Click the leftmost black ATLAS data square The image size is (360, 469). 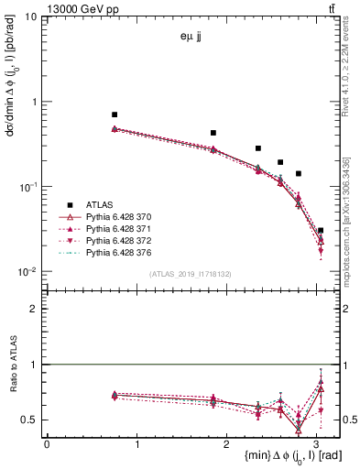115,115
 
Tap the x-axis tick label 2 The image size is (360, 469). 228,444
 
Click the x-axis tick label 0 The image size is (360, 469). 47,444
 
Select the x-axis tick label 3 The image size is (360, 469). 319,444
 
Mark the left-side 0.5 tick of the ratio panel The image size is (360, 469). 31,420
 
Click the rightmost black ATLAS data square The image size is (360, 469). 320,231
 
